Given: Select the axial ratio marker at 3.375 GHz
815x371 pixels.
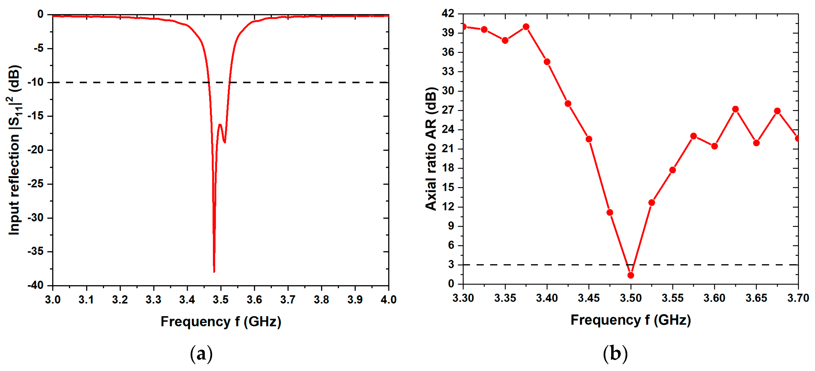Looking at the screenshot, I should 526,27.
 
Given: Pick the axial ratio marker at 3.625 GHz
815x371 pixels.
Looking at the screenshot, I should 735,109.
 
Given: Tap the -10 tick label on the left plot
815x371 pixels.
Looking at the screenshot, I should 35,82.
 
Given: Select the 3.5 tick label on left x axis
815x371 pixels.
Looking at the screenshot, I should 220,299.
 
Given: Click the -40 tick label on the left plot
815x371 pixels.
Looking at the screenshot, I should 35,286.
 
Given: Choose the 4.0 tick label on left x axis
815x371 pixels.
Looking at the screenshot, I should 388,299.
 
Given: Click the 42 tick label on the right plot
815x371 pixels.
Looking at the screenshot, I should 448,14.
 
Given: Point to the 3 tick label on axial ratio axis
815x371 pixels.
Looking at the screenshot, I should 451,265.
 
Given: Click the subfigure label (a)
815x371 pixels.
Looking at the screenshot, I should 201,354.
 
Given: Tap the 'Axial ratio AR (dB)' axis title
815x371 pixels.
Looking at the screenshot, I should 431,149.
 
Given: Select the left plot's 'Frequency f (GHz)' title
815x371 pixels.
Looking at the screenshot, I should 221,322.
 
